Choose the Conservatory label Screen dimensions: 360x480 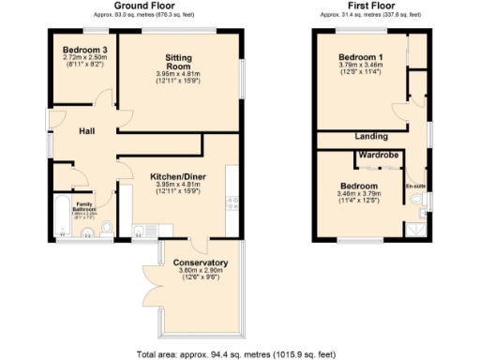click(201, 262)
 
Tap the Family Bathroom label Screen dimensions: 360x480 click(85, 206)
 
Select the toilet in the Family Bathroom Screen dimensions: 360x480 click(106, 227)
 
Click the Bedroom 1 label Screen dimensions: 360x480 click(363, 57)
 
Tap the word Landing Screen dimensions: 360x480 click(372, 137)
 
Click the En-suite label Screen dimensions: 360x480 click(415, 186)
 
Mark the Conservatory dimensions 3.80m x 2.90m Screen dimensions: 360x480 click(201, 272)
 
